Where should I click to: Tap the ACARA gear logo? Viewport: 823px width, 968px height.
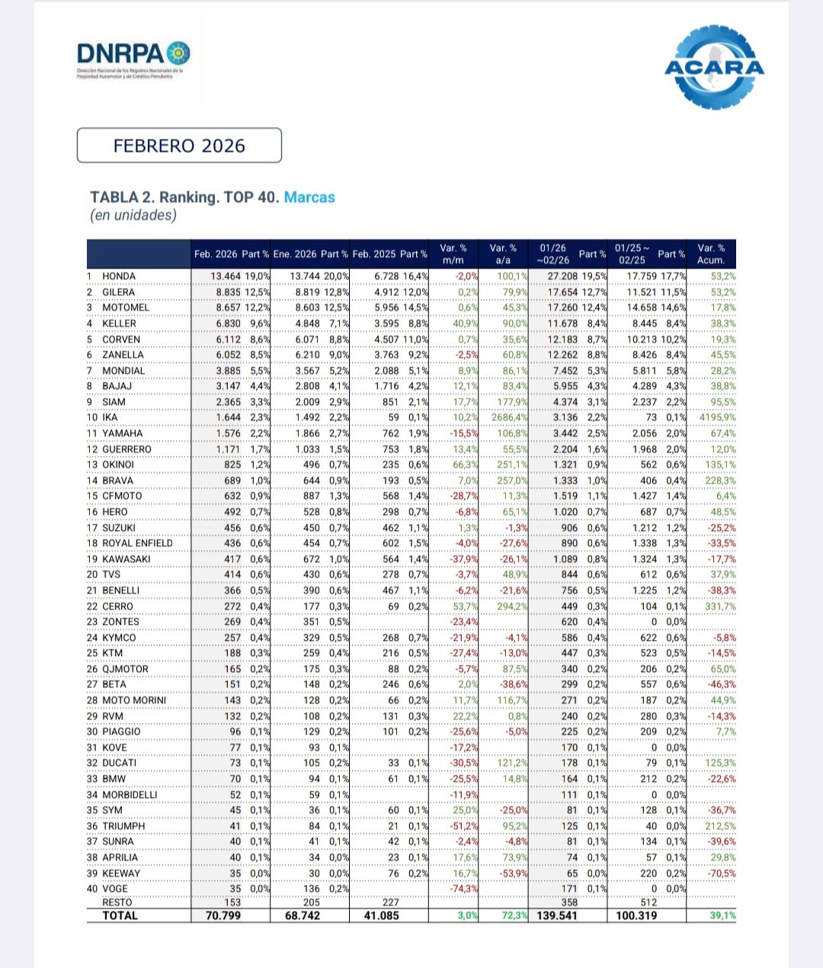pyautogui.click(x=713, y=67)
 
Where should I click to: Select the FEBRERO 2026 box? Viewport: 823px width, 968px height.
pyautogui.click(x=179, y=146)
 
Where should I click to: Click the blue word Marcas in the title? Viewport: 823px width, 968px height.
pyautogui.click(x=309, y=197)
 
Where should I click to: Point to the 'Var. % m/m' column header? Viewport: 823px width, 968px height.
pyautogui.click(x=453, y=254)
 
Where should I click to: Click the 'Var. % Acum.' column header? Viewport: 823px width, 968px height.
pyautogui.click(x=711, y=254)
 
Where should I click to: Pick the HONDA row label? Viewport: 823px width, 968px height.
pyautogui.click(x=119, y=276)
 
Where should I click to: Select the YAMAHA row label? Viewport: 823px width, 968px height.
pyautogui.click(x=122, y=433)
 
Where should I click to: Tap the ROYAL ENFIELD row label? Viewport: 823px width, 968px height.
pyautogui.click(x=137, y=543)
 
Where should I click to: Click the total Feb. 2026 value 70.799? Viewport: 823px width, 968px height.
pyautogui.click(x=223, y=915)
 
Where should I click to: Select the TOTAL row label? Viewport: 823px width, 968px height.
pyautogui.click(x=120, y=915)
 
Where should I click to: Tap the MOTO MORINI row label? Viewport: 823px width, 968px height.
pyautogui.click(x=134, y=700)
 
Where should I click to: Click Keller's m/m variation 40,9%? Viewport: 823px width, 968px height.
pyautogui.click(x=465, y=323)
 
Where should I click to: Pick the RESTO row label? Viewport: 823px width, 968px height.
pyautogui.click(x=117, y=902)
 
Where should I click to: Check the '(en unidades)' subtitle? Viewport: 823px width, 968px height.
pyautogui.click(x=133, y=215)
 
